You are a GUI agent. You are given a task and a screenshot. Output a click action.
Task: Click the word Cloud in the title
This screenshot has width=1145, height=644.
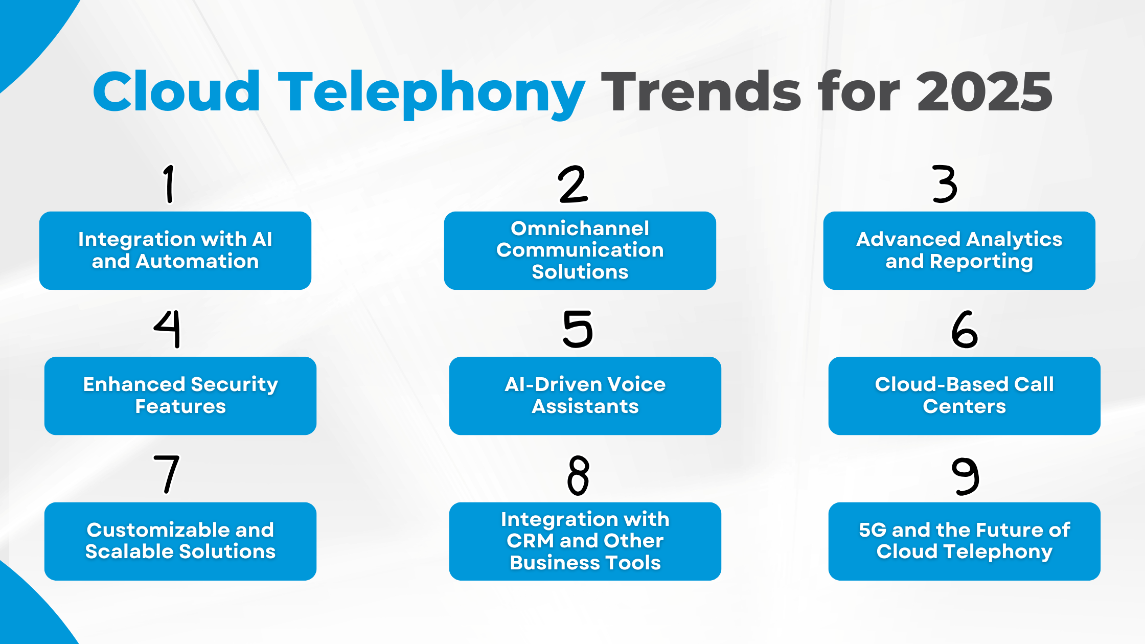click(176, 92)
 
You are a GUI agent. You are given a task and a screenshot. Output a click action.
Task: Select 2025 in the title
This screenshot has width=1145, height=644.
click(984, 92)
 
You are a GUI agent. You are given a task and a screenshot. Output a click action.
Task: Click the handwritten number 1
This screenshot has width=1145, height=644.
click(169, 184)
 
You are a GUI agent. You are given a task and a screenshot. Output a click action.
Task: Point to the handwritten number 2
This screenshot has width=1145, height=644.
click(573, 185)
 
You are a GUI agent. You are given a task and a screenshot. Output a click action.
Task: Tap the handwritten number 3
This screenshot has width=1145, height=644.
click(944, 185)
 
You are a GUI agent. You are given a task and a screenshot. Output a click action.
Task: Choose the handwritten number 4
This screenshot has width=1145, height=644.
click(168, 329)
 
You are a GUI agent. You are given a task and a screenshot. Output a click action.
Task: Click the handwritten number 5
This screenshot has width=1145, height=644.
click(578, 330)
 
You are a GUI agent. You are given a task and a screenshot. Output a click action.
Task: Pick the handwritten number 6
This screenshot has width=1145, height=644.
click(964, 330)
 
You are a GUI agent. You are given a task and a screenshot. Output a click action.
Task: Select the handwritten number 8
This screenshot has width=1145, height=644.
click(578, 475)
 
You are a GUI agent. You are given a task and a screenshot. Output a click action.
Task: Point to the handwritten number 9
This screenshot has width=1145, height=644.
click(965, 476)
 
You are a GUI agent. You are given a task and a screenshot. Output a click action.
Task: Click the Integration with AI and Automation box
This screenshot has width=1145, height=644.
click(175, 250)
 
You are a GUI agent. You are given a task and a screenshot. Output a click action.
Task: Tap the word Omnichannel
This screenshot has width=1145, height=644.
click(580, 228)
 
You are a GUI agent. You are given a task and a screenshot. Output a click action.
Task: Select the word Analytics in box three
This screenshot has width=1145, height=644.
click(1014, 240)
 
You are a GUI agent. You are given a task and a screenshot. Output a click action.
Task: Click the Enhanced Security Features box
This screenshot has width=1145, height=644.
click(180, 396)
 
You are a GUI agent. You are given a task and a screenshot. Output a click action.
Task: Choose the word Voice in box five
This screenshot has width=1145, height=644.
click(636, 384)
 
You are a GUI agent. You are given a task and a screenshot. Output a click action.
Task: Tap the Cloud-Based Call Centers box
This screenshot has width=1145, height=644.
click(964, 396)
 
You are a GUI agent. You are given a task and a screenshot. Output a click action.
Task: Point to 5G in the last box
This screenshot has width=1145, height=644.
click(872, 530)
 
